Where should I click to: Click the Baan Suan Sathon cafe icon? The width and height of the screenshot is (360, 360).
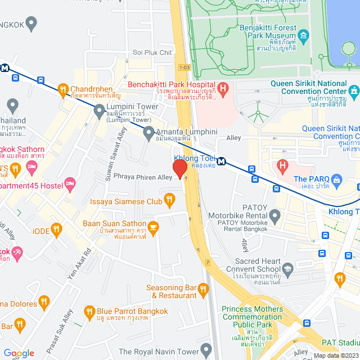(153, 226)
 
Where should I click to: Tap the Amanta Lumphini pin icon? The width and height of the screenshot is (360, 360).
(149, 133)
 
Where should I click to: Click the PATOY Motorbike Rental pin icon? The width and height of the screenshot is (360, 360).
(274, 215)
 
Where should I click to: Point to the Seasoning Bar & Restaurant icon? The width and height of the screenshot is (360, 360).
(204, 290)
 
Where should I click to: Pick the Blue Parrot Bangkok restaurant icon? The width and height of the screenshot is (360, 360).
(89, 311)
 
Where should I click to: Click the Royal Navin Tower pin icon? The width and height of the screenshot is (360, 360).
(206, 349)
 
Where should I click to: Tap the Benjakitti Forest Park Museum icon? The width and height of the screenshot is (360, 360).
(304, 38)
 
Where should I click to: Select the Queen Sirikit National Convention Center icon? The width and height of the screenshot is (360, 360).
(354, 90)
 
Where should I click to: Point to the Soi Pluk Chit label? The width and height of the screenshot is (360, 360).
(152, 53)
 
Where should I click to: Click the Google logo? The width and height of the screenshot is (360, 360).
(19, 353)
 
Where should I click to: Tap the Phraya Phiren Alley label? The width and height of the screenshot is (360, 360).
(142, 177)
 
